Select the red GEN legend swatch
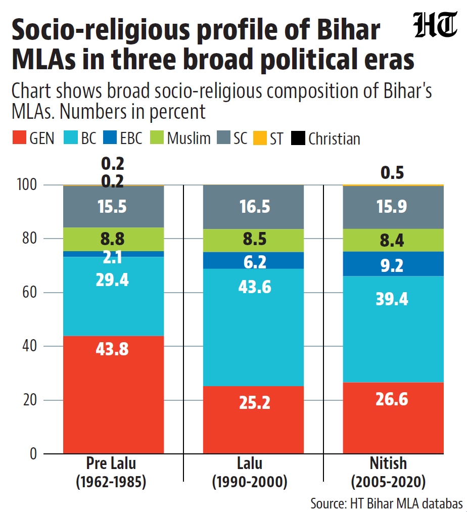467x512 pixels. tap(19, 137)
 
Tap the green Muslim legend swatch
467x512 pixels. tap(157, 137)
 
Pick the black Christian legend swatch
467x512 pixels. tap(298, 137)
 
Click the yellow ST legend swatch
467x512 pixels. tap(260, 137)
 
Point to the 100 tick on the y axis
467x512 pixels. tap(27, 185)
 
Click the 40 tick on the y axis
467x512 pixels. tap(29, 346)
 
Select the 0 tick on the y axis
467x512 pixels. tap(33, 453)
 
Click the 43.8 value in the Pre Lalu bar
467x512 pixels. tap(112, 349)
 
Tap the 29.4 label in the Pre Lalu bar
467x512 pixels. tap(112, 280)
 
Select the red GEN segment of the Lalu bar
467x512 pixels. tap(253, 420)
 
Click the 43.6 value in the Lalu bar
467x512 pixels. tap(254, 287)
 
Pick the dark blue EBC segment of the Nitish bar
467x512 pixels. tap(393, 264)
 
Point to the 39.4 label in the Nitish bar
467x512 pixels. tap(392, 299)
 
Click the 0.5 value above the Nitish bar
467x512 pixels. tap(392, 172)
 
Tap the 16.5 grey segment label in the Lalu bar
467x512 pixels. tap(255, 207)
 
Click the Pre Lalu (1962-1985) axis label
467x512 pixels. tap(111, 473)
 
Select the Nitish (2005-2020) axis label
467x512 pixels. tap(388, 473)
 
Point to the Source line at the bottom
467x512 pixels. tap(386, 503)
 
